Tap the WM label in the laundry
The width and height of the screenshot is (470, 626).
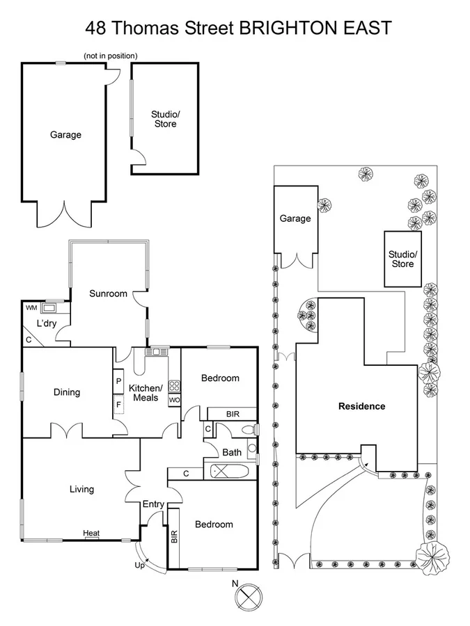pyautogui.click(x=31, y=308)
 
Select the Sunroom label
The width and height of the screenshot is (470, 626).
pyautogui.click(x=108, y=294)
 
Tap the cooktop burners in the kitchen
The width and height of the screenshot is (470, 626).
pyautogui.click(x=174, y=386)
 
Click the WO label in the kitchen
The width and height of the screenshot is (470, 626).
pyautogui.click(x=174, y=400)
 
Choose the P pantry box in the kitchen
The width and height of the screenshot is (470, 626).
pyautogui.click(x=118, y=381)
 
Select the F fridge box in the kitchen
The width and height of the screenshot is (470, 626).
pyautogui.click(x=118, y=404)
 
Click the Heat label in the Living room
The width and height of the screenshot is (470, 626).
pyautogui.click(x=91, y=533)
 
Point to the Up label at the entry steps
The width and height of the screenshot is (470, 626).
pyautogui.click(x=139, y=565)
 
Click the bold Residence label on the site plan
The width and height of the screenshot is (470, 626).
pyautogui.click(x=361, y=406)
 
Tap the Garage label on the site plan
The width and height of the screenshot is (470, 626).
pyautogui.click(x=295, y=218)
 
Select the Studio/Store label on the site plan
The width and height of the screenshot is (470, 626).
pyautogui.click(x=402, y=259)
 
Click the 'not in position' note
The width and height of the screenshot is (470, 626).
pyautogui.click(x=110, y=56)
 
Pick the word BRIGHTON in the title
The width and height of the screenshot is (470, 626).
pyautogui.click(x=285, y=28)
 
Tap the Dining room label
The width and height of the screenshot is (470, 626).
pyautogui.click(x=67, y=392)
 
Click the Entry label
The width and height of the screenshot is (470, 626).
pyautogui.click(x=153, y=504)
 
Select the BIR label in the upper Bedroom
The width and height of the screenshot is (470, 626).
pyautogui.click(x=233, y=414)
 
